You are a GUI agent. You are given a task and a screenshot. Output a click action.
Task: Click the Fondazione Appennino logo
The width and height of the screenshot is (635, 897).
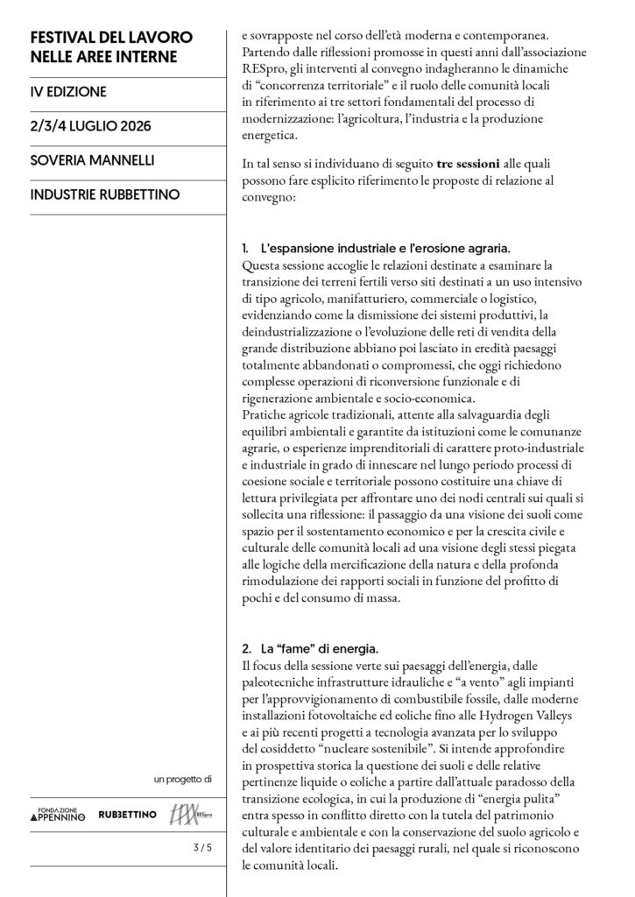59,815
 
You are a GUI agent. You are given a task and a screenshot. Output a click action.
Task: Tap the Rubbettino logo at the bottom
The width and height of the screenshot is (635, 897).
128,815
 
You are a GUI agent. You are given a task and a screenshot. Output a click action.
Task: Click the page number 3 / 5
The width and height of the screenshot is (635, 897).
202,848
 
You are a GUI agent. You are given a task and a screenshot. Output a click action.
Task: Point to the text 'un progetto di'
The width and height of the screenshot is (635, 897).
183,778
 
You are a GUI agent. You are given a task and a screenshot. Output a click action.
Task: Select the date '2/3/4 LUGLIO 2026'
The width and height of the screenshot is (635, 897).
90,126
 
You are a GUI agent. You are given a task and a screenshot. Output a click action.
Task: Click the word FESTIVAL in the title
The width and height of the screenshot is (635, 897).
66,39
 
